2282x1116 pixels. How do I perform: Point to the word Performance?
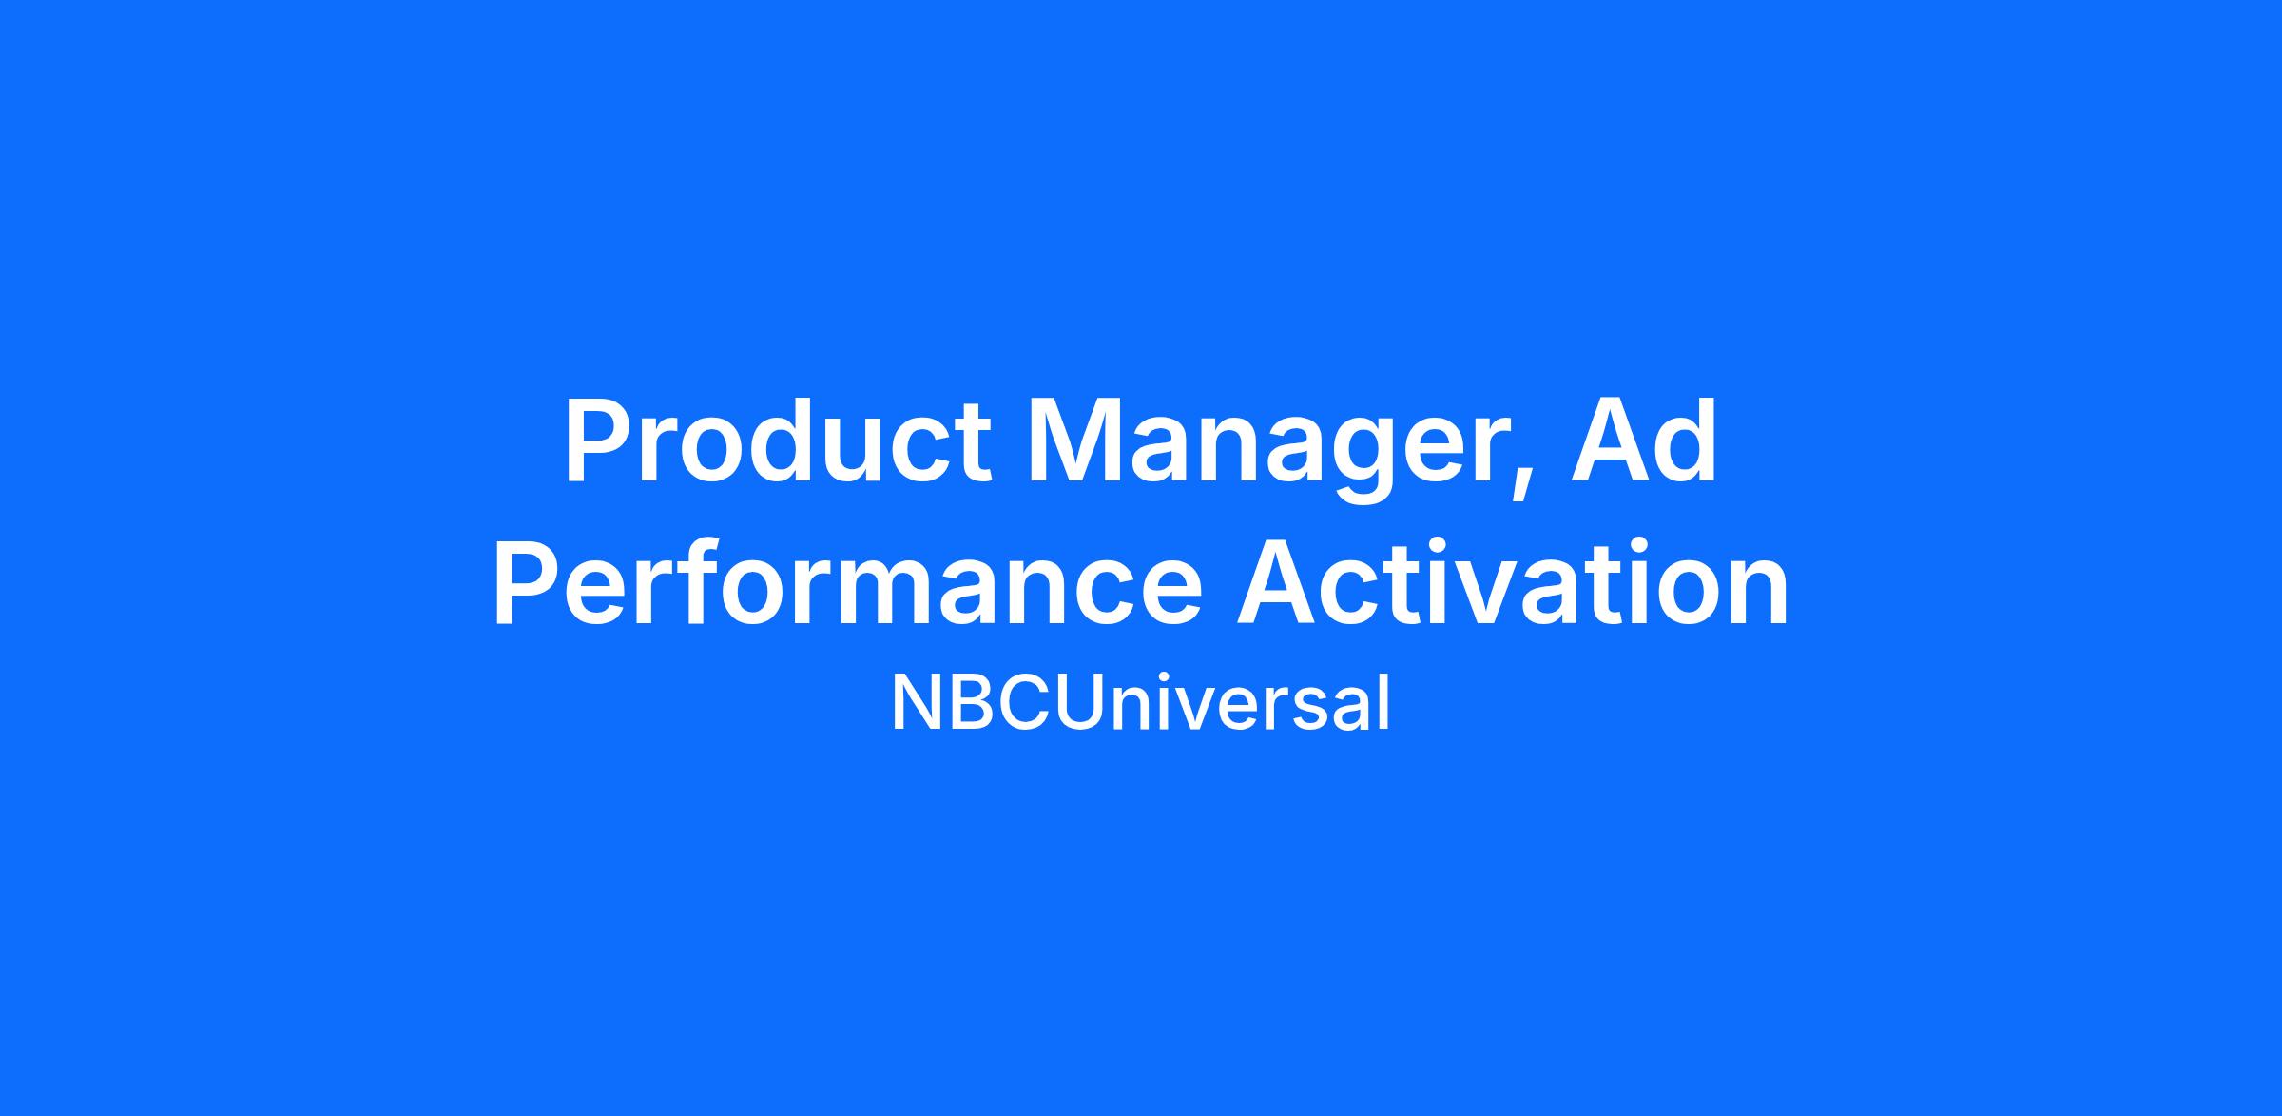[x=847, y=583]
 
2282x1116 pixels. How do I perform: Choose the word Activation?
[x=1513, y=583]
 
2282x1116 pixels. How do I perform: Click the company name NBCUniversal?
[x=1140, y=704]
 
